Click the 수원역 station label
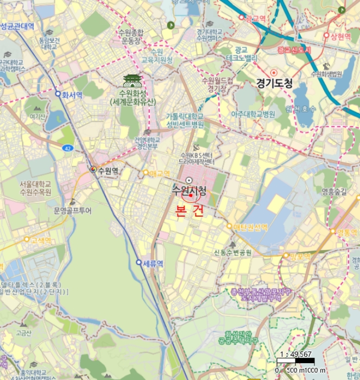tap(108, 170)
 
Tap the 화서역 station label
tap(71, 94)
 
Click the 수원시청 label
tap(189, 191)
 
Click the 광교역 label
tap(256, 18)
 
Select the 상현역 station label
tap(337, 36)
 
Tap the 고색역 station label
tap(41, 239)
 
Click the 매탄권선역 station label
tap(250, 226)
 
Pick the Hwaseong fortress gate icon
tap(132, 81)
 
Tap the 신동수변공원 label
tap(233, 252)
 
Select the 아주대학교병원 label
tap(254, 115)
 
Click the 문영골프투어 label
tap(73, 211)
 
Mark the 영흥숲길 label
tap(333, 191)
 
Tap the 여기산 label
tap(37, 116)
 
